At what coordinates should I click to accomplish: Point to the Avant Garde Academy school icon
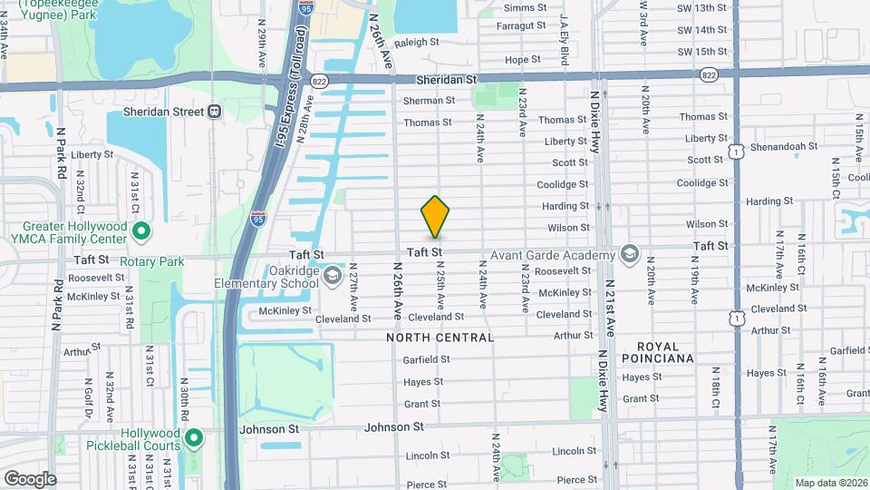(629, 253)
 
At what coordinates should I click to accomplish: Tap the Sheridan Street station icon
(215, 112)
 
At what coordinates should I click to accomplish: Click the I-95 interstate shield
(258, 218)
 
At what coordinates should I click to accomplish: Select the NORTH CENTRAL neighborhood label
(440, 338)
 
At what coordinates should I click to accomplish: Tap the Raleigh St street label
(416, 42)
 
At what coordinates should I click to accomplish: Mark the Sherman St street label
(429, 100)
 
